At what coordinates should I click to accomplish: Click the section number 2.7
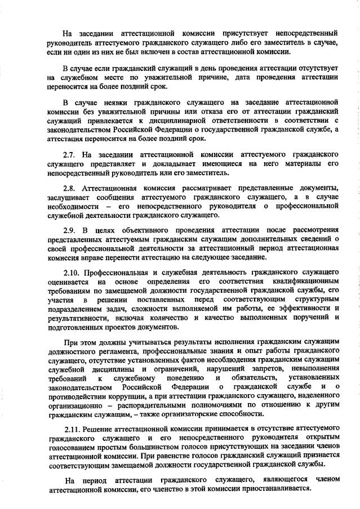(x=69, y=154)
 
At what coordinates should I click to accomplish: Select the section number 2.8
(x=69, y=186)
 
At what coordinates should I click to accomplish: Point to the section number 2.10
(x=71, y=271)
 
